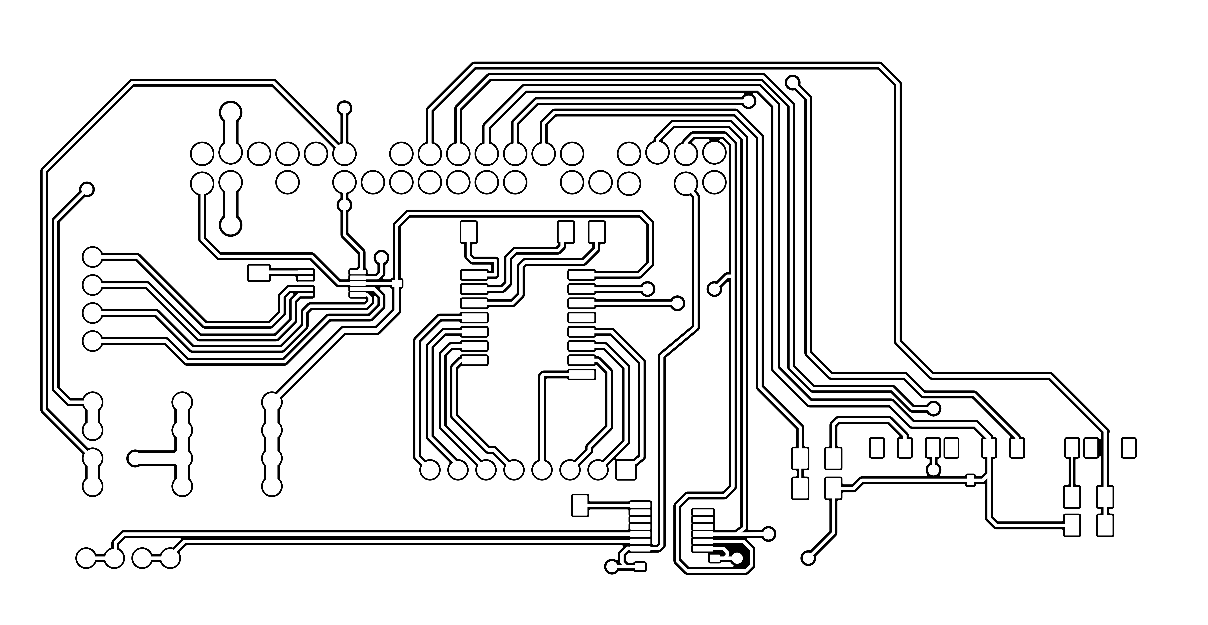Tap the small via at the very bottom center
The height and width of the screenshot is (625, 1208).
pyautogui.click(x=612, y=566)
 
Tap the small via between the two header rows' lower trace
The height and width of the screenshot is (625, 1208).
pyautogui.click(x=345, y=205)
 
